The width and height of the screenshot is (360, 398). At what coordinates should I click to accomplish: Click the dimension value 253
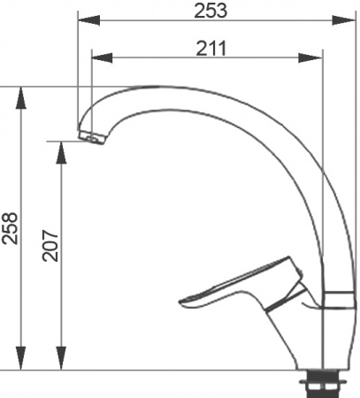211,10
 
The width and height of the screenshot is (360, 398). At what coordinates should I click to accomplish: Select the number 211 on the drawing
211,49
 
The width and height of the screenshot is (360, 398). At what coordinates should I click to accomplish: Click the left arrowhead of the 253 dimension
86,19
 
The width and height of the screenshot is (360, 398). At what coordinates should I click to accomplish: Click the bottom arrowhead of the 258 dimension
20,363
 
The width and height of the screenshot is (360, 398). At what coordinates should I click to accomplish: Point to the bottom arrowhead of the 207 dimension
60,363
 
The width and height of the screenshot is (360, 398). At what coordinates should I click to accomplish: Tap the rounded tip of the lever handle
184,303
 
